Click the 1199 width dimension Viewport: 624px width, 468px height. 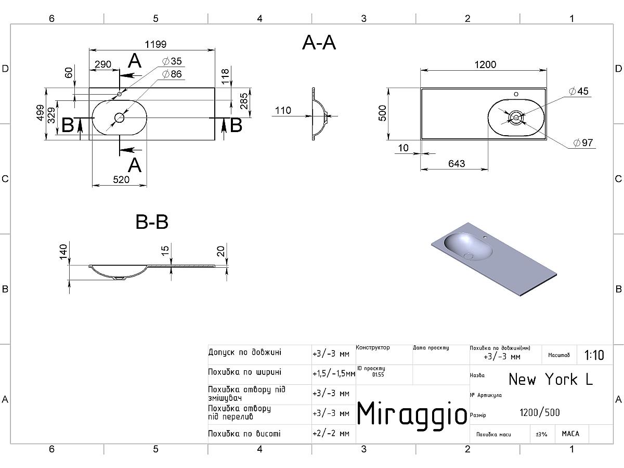point(152,45)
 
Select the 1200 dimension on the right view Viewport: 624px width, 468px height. point(485,64)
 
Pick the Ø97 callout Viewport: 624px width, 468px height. point(583,143)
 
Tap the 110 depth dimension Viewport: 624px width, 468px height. point(283,110)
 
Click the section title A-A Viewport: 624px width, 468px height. point(319,43)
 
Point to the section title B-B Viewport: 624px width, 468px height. point(152,222)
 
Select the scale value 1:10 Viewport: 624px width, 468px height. point(594,356)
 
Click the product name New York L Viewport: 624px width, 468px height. point(550,379)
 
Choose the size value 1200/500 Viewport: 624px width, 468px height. point(540,413)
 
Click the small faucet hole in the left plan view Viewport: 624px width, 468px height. point(120,94)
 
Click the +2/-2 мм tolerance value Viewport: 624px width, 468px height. point(331,434)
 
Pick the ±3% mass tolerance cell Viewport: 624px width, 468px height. point(541,434)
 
